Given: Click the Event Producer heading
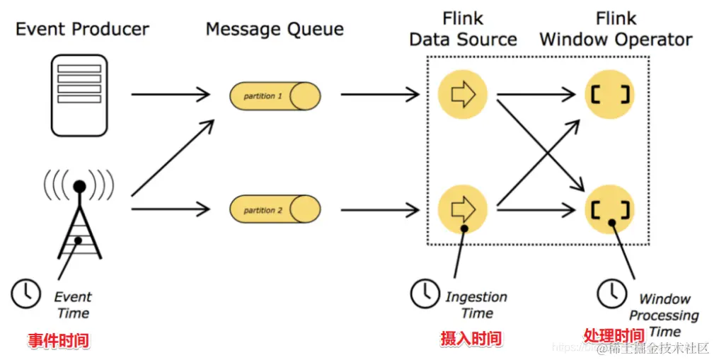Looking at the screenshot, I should (82, 30).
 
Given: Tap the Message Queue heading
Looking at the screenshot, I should (275, 30).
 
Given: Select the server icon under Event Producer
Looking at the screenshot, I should (79, 83).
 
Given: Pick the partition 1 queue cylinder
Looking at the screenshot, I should (275, 95).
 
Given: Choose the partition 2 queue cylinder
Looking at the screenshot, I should (275, 209).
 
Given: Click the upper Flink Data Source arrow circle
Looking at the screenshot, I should (463, 94).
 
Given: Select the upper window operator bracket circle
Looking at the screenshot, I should (610, 94).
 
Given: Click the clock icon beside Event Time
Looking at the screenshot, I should (26, 292).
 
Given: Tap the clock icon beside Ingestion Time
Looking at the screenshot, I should (425, 292).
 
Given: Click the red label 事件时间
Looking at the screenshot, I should (59, 341).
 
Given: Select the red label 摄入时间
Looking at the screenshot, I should (471, 339).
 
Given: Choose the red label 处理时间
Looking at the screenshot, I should (613, 335).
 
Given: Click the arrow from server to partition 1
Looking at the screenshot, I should (171, 94).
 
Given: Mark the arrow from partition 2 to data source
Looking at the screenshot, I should (380, 209).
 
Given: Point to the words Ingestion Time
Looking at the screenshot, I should (476, 305).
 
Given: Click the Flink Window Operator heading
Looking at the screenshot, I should (616, 28).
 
